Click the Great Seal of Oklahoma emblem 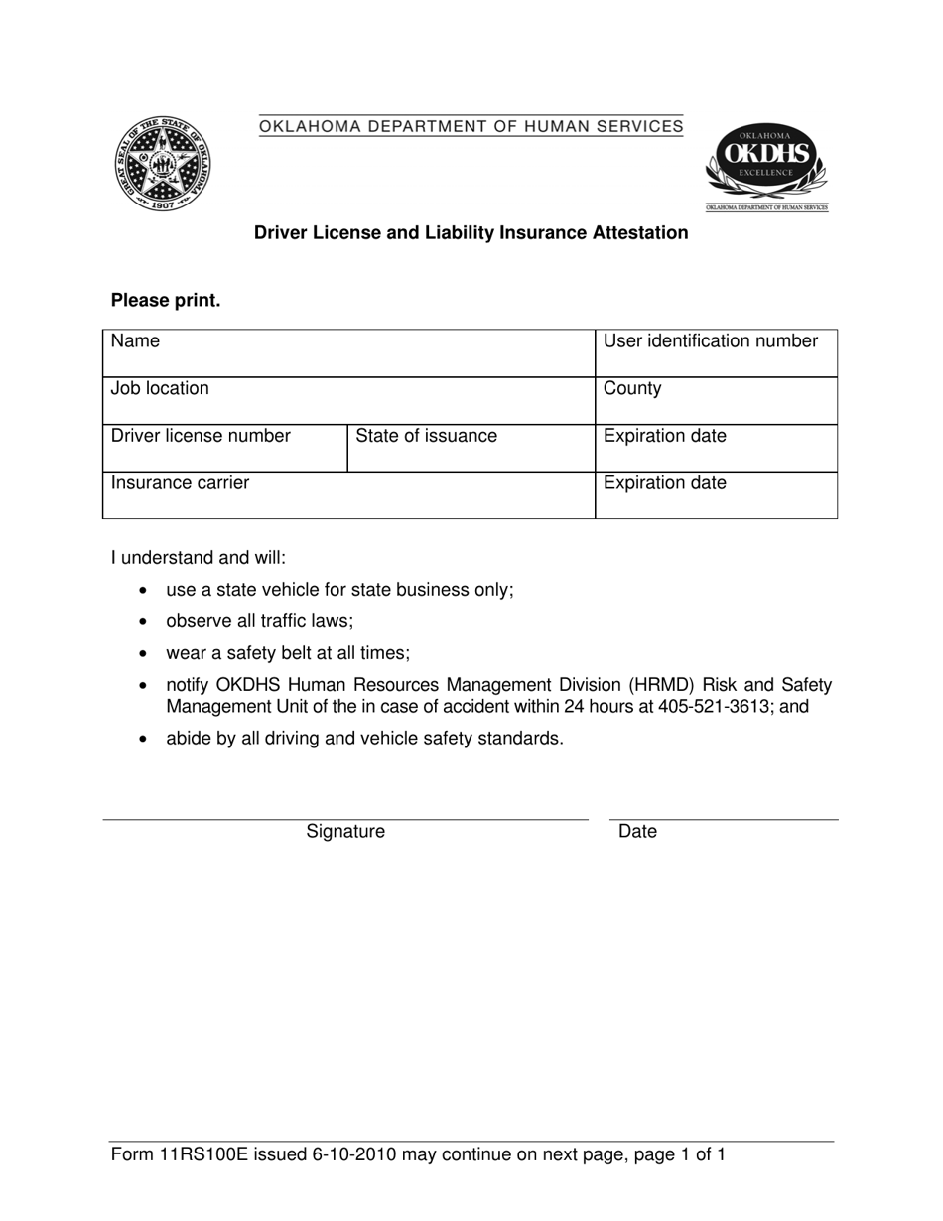(x=163, y=163)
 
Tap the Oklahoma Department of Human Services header (x=471, y=126)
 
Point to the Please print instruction (x=166, y=301)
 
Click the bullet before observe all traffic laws (x=145, y=622)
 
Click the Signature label (x=345, y=832)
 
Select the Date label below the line (x=637, y=832)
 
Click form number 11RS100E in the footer (x=205, y=1154)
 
